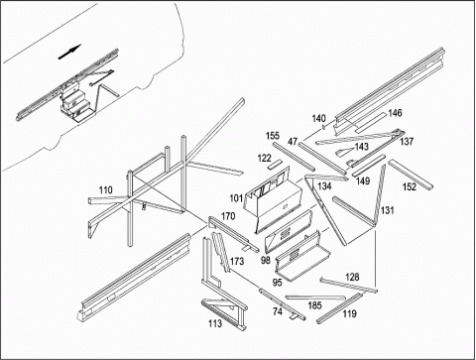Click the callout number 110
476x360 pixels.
point(106,190)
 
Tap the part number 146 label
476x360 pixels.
point(395,113)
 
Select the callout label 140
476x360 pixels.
point(319,118)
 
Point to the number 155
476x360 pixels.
point(273,136)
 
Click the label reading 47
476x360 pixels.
point(293,142)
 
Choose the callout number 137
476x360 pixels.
point(407,142)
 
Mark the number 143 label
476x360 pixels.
point(362,147)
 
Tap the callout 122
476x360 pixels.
point(265,159)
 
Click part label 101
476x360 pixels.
point(236,198)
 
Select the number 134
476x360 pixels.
point(324,186)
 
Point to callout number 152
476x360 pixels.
point(410,187)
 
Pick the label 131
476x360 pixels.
point(388,210)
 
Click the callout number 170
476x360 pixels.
point(228,216)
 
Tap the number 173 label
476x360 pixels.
point(237,262)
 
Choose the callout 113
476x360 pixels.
point(215,323)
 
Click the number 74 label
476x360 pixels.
point(278,311)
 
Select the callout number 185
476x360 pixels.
point(314,305)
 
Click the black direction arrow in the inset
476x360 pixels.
point(69,53)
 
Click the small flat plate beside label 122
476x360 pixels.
point(275,165)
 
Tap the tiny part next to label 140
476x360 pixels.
point(324,127)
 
